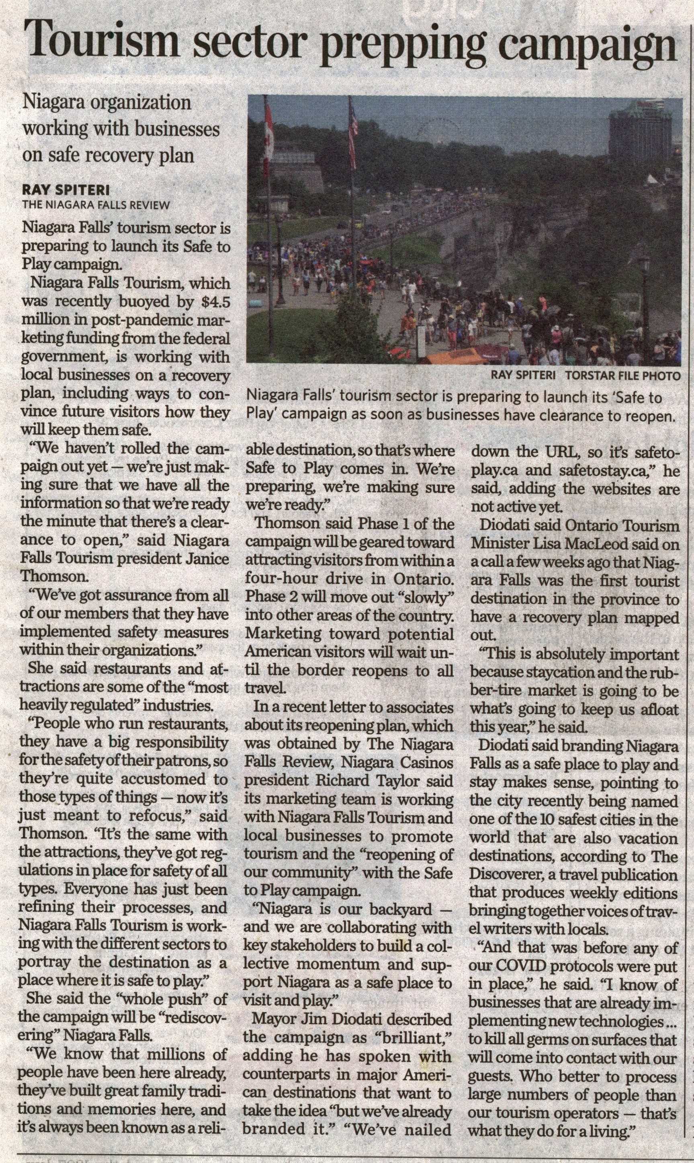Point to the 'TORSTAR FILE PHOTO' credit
coord(622,375)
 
